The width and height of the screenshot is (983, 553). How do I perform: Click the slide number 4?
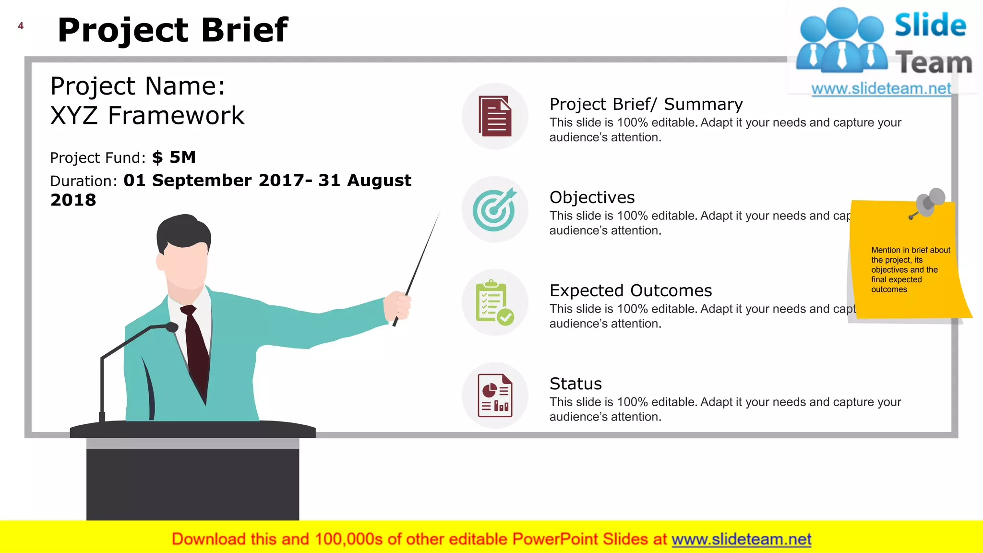21,26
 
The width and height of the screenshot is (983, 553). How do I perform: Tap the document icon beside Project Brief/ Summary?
495,116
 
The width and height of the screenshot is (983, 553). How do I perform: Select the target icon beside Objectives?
494,209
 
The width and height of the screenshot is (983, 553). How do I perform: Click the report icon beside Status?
495,396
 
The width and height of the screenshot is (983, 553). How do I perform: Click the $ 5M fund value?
174,157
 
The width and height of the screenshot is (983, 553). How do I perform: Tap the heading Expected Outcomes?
630,290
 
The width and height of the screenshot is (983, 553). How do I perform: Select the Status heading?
575,384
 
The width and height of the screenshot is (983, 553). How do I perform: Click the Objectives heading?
592,197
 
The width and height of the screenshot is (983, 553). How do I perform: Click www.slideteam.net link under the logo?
881,89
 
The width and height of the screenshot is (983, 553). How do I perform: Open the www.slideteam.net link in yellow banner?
741,540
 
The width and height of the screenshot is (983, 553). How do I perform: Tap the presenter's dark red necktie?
197,346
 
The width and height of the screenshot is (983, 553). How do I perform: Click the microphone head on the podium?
171,327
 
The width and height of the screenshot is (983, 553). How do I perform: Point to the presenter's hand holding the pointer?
397,305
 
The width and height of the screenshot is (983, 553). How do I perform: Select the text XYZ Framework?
147,116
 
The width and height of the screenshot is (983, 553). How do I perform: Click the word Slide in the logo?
930,25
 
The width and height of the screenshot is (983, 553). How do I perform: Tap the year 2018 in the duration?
73,200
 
